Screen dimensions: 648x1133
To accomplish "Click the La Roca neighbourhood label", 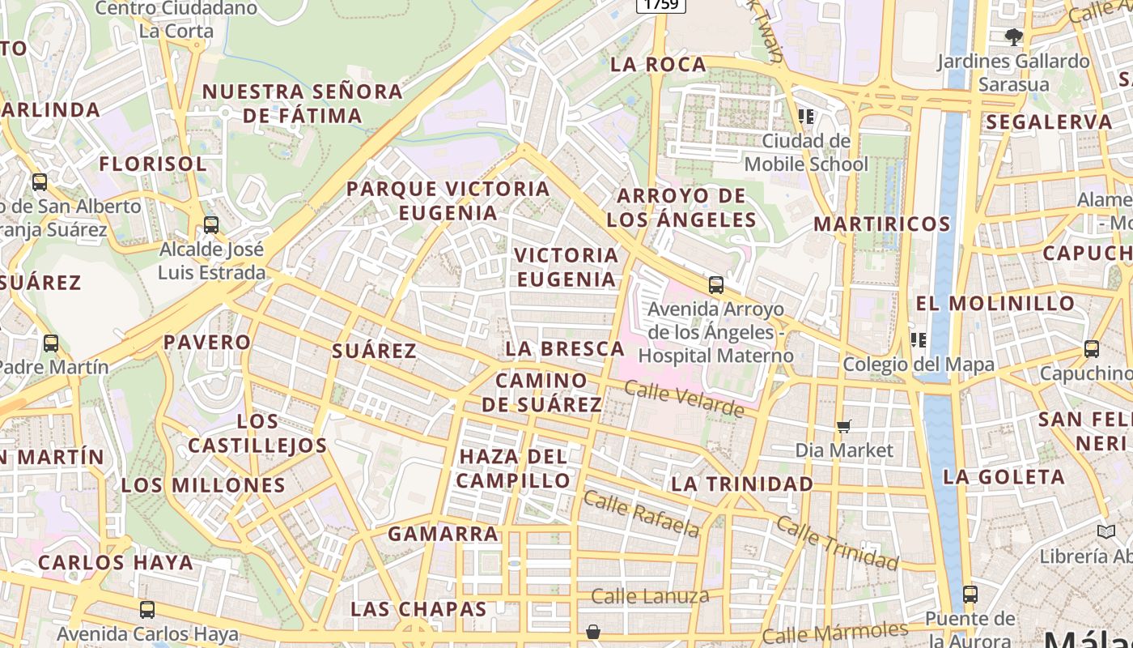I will coord(658,65).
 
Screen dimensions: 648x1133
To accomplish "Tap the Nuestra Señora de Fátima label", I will coord(302,104).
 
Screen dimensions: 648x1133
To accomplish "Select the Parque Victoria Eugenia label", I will coord(448,201).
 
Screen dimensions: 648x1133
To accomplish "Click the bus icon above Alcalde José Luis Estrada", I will coord(211,225).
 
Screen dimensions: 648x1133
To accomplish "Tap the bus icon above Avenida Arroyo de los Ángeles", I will coord(716,285).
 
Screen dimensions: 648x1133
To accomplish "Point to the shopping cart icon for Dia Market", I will coord(844,426).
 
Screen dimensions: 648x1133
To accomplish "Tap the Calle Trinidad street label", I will coord(837,542).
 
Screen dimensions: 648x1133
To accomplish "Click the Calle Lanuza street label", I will coord(650,597).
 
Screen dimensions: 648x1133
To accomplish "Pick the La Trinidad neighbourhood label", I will coord(742,484).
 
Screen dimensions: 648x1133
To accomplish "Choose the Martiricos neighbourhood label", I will coord(881,224).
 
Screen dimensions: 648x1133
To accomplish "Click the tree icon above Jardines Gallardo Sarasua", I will coord(1013,36).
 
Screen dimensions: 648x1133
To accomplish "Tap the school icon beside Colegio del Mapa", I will coord(918,340).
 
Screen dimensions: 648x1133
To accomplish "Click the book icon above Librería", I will coord(1106,532).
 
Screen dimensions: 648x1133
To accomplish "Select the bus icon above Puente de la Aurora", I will coord(970,595).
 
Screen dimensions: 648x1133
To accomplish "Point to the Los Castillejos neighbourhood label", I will coord(257,433).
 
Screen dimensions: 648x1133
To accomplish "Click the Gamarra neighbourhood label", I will coord(443,534).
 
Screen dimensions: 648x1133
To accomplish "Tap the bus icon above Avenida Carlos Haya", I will coord(147,610).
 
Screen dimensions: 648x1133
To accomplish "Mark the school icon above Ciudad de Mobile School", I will coord(806,117).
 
